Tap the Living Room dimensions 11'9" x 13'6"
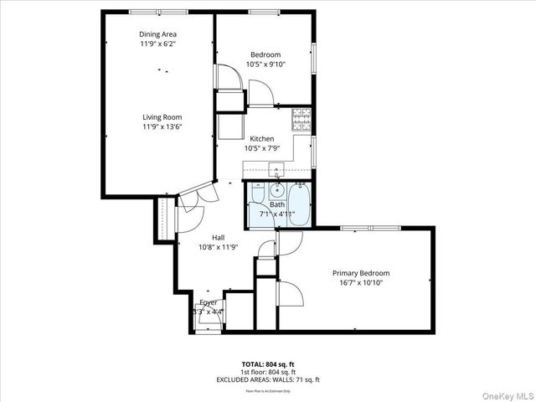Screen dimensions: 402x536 point(162,127)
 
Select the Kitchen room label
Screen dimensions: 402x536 point(261,139)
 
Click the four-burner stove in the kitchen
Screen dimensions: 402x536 point(301,119)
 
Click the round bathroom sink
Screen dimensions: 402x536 point(277,190)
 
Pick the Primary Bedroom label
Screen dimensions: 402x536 point(361,273)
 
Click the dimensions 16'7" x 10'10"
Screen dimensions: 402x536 point(361,283)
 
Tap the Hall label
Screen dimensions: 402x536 point(218,237)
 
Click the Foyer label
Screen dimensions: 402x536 point(209,302)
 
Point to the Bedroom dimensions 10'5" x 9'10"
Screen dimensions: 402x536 point(265,64)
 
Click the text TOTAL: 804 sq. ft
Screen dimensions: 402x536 point(268,364)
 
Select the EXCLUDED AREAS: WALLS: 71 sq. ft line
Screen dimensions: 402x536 point(268,379)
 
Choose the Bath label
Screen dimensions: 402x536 point(276,205)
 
